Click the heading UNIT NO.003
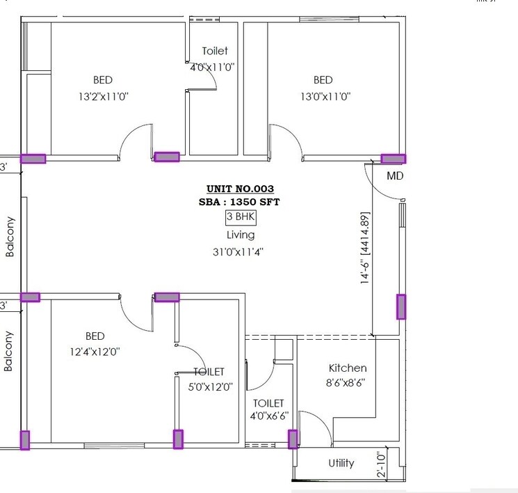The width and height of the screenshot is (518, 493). point(240,189)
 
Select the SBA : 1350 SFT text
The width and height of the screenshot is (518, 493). point(240,202)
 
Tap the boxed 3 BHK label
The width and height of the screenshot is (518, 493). point(241,217)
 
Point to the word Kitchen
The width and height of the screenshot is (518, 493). point(348,368)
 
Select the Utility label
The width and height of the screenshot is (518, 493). point(341,463)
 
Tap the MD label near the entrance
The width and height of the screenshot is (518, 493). point(395,176)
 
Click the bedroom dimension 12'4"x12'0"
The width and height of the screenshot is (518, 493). point(95,352)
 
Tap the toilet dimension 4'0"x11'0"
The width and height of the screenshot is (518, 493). point(213,68)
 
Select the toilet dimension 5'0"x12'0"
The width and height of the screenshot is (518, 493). point(209,387)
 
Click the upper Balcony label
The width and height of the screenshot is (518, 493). point(10,237)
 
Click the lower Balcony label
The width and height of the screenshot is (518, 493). point(10,350)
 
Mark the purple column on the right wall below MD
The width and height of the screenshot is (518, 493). point(401,306)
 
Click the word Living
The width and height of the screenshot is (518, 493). point(240,235)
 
